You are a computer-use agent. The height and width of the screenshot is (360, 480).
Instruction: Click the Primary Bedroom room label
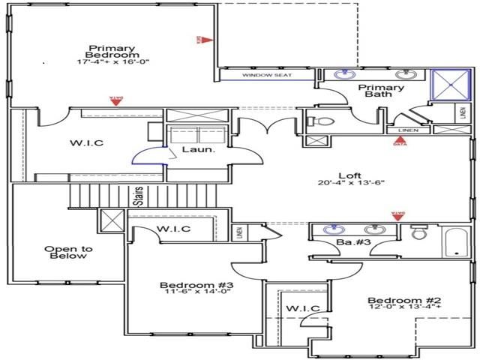tap(112, 50)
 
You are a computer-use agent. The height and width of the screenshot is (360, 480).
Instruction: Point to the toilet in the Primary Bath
tap(318, 121)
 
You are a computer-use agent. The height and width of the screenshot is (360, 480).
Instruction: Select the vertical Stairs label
tap(139, 196)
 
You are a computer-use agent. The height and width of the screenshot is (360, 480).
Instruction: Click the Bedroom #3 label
tap(186, 286)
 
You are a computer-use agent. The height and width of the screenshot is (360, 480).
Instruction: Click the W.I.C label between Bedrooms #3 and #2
tap(302, 308)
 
